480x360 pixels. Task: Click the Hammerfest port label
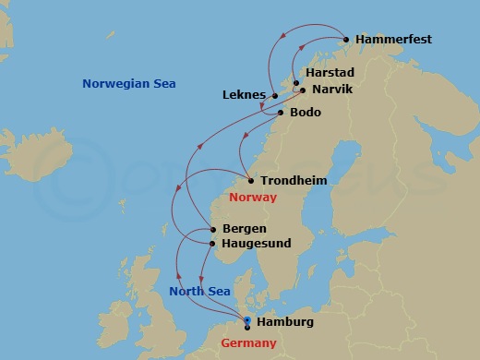pos(392,40)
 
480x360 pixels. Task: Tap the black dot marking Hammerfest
pos(346,40)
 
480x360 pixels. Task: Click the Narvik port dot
pos(303,90)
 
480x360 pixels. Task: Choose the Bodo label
pos(306,113)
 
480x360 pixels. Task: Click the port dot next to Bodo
pos(281,113)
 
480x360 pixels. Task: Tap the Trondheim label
pos(294,181)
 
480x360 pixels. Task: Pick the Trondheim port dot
pos(251,181)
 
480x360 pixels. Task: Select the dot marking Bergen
pos(214,229)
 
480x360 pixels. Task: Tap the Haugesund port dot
pos(214,244)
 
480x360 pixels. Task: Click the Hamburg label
pos(287,322)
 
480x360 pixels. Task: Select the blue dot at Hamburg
pos(247,319)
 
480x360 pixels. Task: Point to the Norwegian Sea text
pos(129,84)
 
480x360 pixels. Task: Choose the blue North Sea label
pos(198,292)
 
